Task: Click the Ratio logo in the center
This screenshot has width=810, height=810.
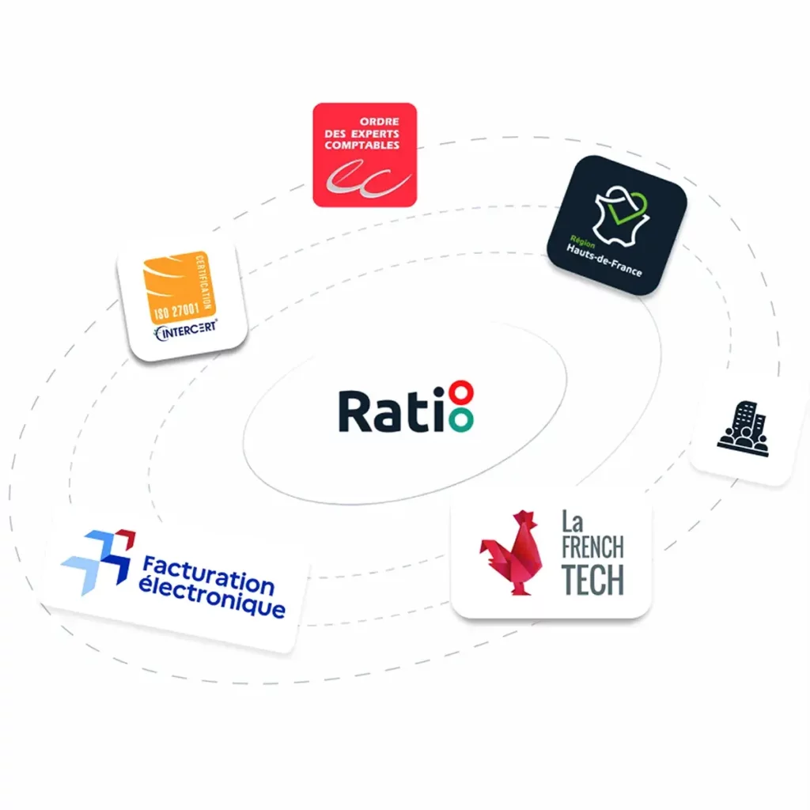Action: click(406, 407)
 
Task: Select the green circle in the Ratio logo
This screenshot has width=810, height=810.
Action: click(461, 420)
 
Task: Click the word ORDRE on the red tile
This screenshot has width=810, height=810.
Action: click(379, 122)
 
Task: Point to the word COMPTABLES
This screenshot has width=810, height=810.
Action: click(361, 146)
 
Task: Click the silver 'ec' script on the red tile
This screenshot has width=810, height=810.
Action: click(369, 178)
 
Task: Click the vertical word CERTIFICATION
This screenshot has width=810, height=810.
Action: click(203, 282)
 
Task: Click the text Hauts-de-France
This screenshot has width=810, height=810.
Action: click(604, 259)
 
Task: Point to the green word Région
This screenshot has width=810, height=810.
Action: click(582, 241)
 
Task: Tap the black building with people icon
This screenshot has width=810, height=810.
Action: click(743, 429)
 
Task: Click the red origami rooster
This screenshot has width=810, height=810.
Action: click(511, 553)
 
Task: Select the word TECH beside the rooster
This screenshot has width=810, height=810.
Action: click(592, 580)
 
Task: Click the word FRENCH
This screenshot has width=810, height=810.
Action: click(592, 547)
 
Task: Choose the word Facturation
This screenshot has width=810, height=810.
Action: click(208, 574)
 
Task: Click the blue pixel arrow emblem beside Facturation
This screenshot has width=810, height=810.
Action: click(98, 562)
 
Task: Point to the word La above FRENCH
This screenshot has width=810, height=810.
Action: click(573, 522)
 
